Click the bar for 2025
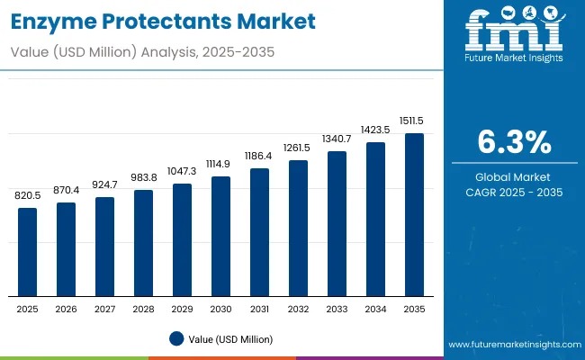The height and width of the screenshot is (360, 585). coord(28,252)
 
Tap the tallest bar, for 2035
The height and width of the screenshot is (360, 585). coord(414,215)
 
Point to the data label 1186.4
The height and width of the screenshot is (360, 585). coord(259,156)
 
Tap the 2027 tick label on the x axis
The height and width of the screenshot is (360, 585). coord(105,309)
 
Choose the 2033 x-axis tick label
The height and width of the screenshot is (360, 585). coord(337,309)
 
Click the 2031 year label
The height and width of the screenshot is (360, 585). coord(259,309)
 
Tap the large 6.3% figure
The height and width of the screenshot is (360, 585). coord(514,142)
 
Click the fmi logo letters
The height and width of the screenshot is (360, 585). coord(514,33)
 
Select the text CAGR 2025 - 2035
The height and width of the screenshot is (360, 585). coord(514,192)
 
